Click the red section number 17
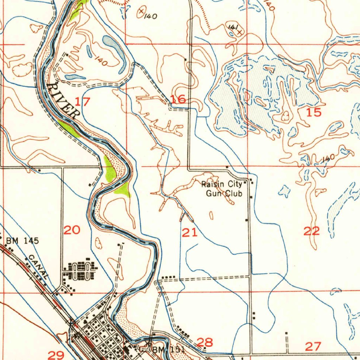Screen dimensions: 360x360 (82, 102)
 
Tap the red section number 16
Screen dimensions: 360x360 (178, 99)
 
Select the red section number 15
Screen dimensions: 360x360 (314, 112)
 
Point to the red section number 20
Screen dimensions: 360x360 (72, 230)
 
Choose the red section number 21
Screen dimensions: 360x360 (190, 232)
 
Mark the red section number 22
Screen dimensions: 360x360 (311, 231)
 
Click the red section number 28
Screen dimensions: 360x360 (205, 342)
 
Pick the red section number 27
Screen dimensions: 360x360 (313, 346)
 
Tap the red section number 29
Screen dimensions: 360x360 (56, 355)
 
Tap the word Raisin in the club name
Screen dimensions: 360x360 (212, 184)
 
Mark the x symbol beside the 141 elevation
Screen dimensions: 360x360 (240, 32)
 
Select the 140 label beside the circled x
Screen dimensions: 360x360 (150, 16)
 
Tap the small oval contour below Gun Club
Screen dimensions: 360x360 (211, 215)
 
